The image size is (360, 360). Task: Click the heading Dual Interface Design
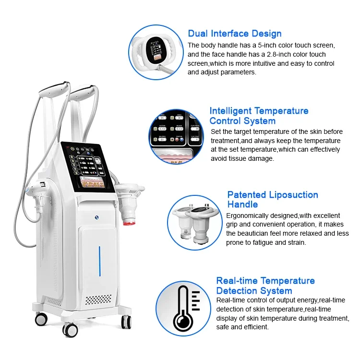point(234,34)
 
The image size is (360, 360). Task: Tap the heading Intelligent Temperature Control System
point(259,116)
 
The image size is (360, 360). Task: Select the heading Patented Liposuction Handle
point(272,199)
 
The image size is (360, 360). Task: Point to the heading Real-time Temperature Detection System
point(265,286)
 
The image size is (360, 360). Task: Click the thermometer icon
point(183,308)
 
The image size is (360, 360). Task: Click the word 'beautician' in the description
point(254,233)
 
